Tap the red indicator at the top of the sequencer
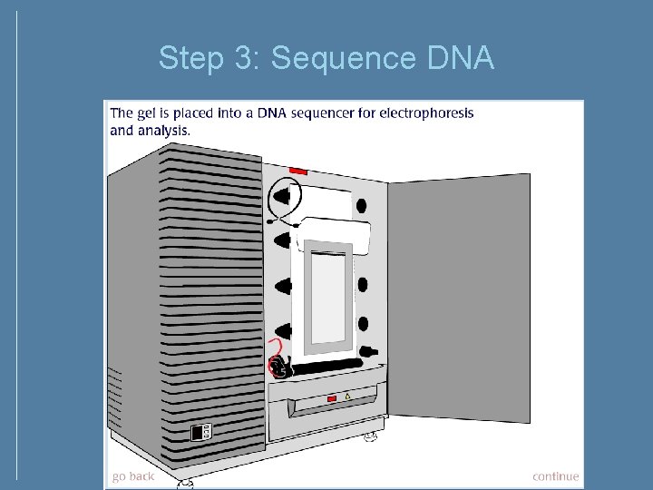tap(298, 171)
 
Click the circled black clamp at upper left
tap(284, 196)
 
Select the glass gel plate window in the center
tap(327, 297)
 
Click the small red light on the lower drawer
tap(332, 399)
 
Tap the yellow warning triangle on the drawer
tap(347, 397)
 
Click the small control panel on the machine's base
tap(200, 433)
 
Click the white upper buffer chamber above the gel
tap(336, 234)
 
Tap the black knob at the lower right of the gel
tap(367, 351)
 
